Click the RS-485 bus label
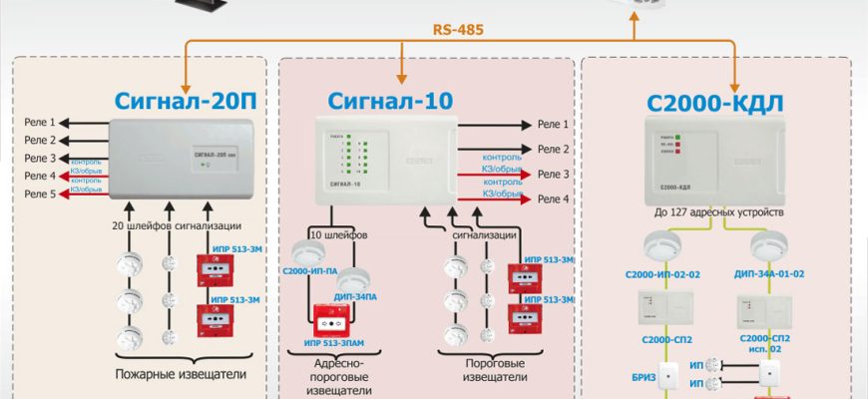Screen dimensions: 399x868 [x=458, y=30]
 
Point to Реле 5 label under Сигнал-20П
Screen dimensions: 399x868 [x=41, y=195]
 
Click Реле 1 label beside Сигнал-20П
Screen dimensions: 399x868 [x=41, y=123]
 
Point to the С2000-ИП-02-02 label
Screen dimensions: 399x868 [x=662, y=272]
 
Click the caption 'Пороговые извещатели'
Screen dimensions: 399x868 [x=483, y=371]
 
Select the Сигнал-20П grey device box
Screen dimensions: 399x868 [x=186, y=158]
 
